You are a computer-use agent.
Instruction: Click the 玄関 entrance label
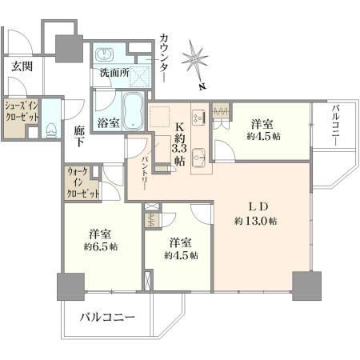coord(22,66)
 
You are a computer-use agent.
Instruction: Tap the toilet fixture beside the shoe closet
coord(51,130)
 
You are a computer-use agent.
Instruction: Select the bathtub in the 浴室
coord(133,110)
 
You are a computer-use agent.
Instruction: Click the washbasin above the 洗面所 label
coord(104,54)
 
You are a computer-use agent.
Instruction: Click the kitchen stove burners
coord(199,118)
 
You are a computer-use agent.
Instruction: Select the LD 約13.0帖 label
coord(255,214)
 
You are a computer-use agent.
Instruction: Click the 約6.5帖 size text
coord(101,246)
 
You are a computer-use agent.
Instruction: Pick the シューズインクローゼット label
coord(22,111)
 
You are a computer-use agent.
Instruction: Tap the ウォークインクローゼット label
coord(83,183)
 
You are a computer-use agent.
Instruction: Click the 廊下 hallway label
coord(80,136)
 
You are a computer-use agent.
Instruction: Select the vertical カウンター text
coord(163,57)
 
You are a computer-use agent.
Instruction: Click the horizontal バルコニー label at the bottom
coord(108,317)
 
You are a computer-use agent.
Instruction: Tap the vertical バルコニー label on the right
coord(335,126)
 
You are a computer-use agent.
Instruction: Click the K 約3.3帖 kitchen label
coord(179,144)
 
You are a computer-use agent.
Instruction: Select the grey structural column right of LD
coord(306,286)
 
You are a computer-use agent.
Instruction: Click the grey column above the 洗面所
coord(69,49)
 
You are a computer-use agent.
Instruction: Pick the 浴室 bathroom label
coord(108,123)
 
